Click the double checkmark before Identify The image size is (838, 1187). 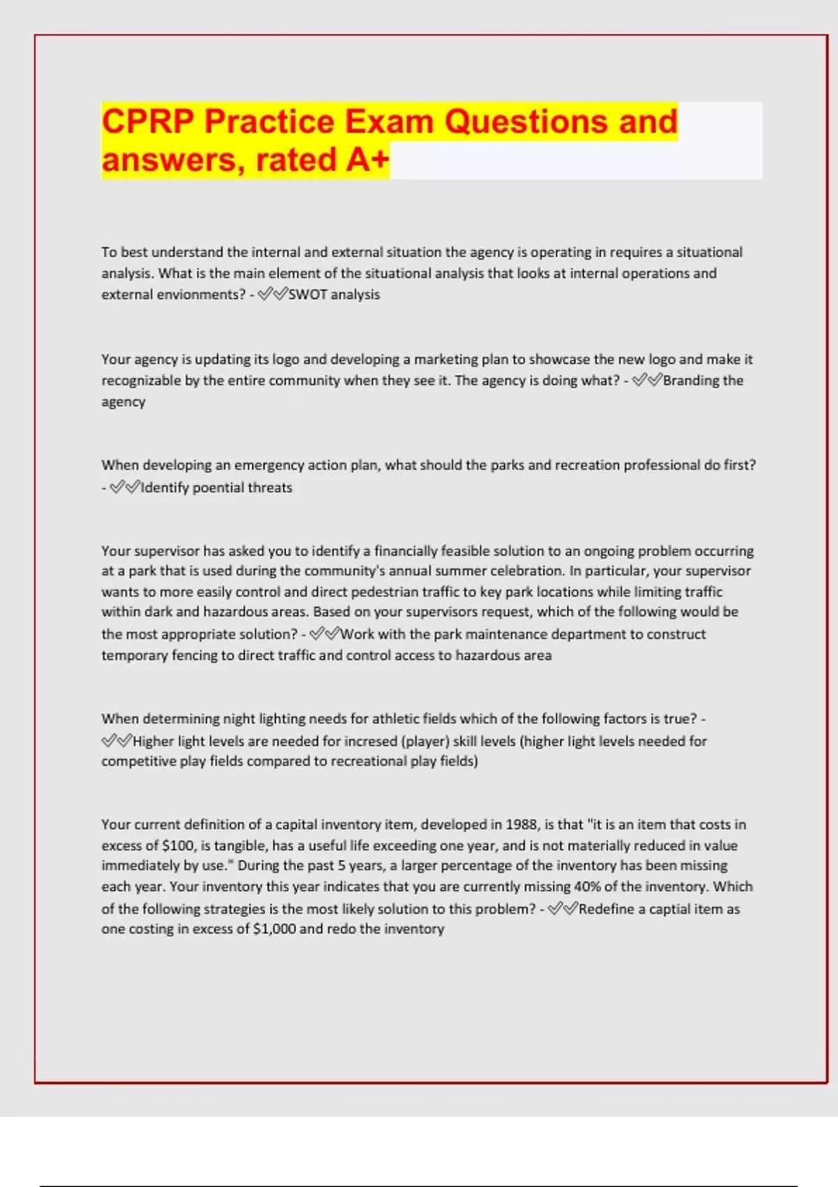coord(125,487)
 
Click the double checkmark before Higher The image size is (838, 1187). coord(116,741)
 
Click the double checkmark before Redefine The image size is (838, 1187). coord(563,909)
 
